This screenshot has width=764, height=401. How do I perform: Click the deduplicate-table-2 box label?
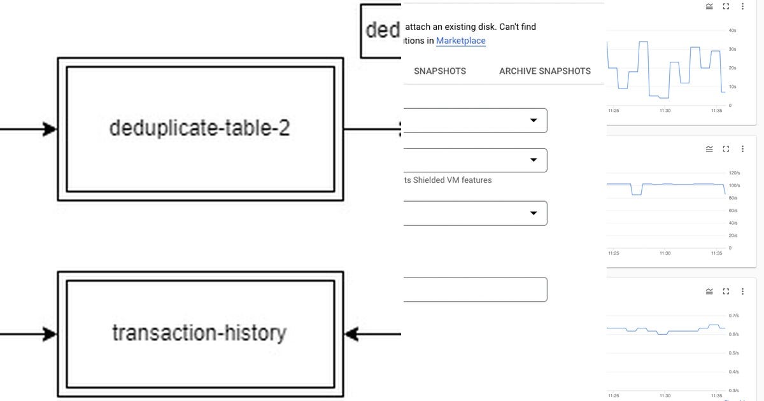[x=200, y=128]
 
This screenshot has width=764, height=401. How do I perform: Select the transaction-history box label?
[x=199, y=332]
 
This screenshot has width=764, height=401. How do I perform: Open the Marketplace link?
[x=460, y=41]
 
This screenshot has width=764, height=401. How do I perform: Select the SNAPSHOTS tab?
[x=440, y=71]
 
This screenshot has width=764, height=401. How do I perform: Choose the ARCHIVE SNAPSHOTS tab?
[x=544, y=71]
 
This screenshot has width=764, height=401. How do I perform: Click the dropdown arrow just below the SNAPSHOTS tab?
[x=534, y=120]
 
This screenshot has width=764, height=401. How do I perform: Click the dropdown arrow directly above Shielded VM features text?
[x=534, y=160]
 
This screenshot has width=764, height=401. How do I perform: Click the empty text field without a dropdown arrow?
[x=474, y=290]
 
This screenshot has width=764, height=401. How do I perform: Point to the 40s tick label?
[x=732, y=30]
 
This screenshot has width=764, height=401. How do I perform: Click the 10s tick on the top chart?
[x=732, y=87]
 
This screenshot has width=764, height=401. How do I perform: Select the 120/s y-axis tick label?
[x=733, y=172]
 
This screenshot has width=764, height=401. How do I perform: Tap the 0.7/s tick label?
[x=733, y=315]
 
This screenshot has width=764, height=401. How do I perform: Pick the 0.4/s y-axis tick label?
[x=733, y=372]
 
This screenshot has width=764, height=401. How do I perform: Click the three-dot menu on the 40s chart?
[x=742, y=6]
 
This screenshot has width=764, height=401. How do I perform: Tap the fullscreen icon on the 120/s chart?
[x=726, y=149]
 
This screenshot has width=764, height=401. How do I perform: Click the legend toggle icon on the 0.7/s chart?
[x=709, y=292]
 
